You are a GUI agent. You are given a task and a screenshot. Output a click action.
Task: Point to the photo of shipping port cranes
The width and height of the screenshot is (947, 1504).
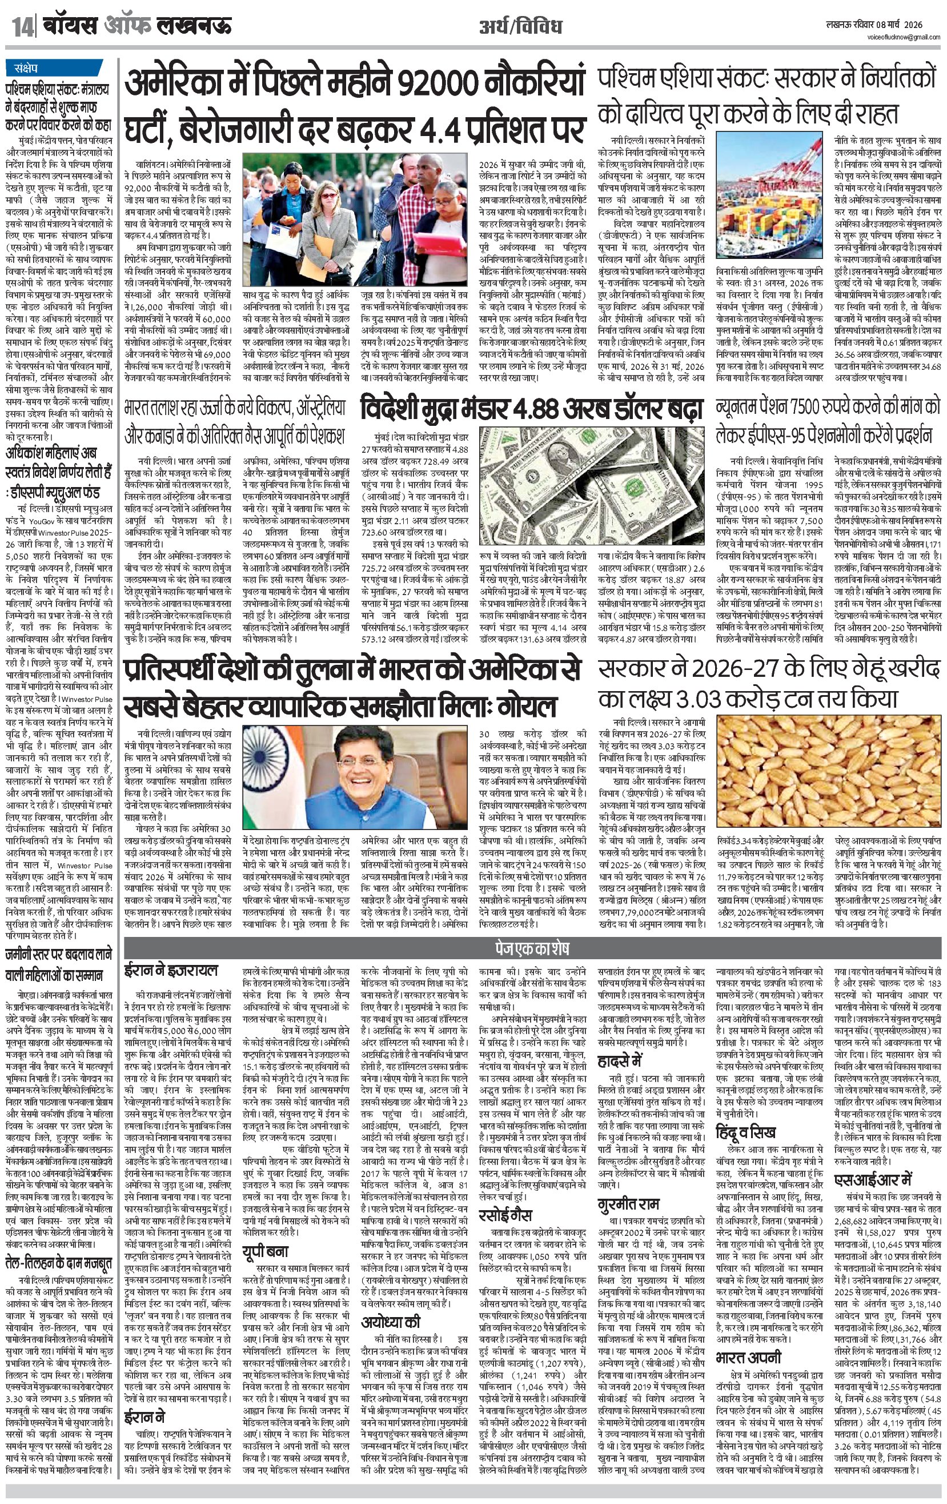[772, 200]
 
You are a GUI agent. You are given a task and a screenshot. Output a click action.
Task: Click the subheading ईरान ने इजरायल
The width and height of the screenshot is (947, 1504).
[172, 970]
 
